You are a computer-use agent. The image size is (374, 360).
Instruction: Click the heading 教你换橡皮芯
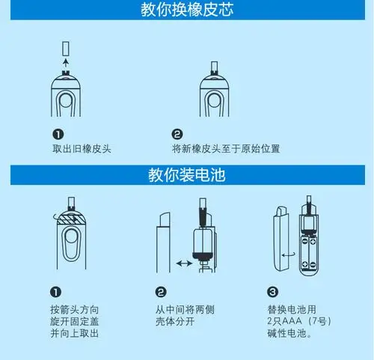[x=186, y=10]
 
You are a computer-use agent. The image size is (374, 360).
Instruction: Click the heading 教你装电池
[x=186, y=177]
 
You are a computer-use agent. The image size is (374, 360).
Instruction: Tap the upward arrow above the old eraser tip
[x=65, y=64]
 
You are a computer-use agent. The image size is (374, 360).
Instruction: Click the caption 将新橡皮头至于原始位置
[x=225, y=149]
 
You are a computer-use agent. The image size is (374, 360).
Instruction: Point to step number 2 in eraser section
[x=177, y=135]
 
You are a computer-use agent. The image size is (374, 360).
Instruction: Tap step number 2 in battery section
[x=161, y=293]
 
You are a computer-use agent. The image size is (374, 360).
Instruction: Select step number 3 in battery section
[x=272, y=293]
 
